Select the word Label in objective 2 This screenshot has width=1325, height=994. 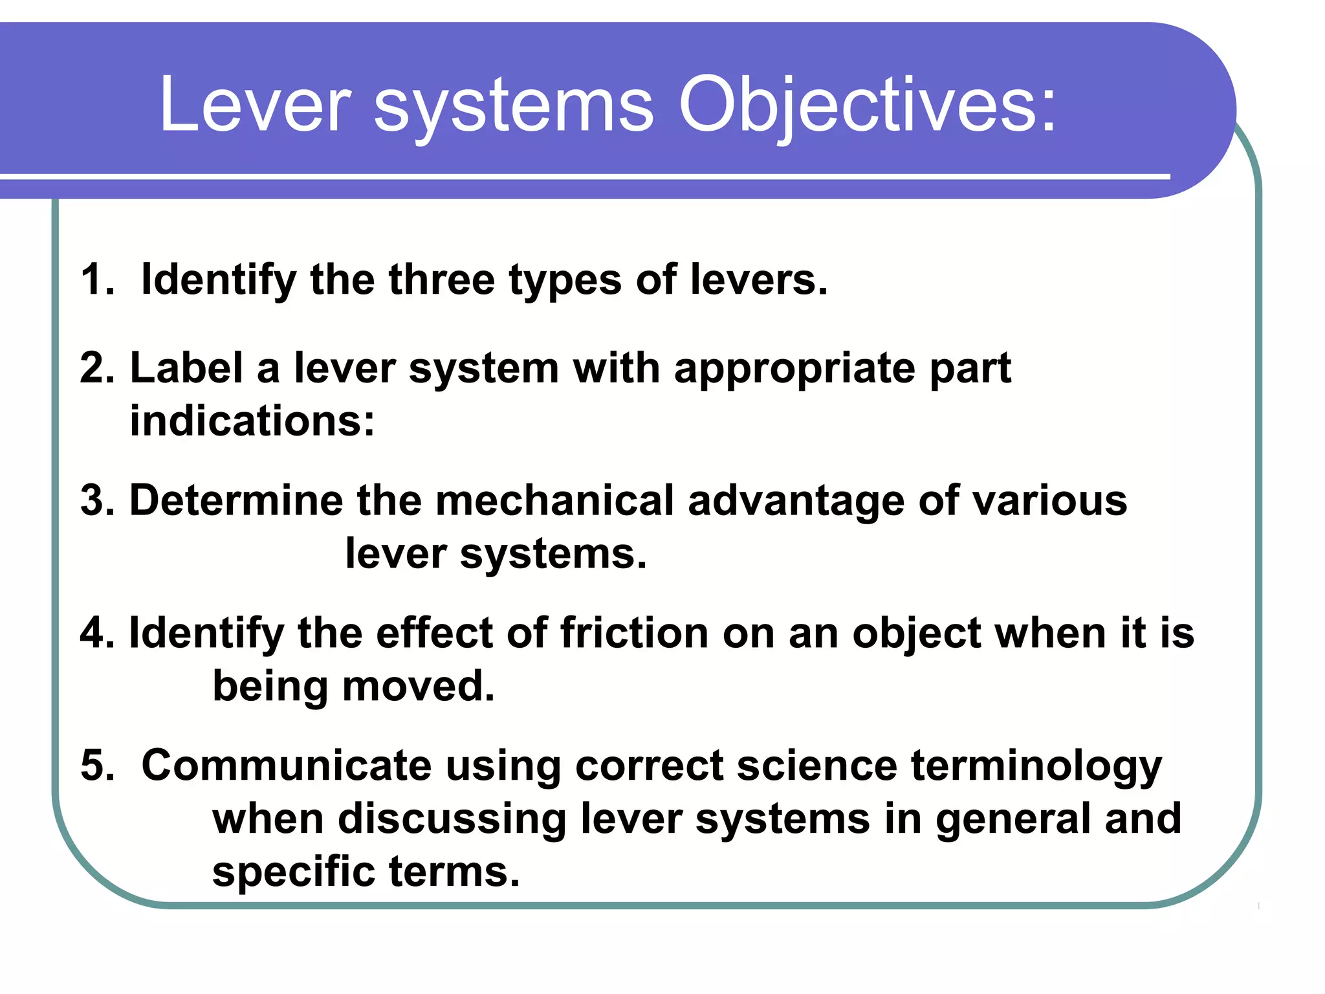tap(186, 368)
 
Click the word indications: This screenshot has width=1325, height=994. tap(252, 421)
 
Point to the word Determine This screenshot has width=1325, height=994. tap(236, 500)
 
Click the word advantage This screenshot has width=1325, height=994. tap(796, 502)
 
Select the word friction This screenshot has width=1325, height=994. tap(634, 632)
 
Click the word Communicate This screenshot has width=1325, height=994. tap(286, 766)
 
